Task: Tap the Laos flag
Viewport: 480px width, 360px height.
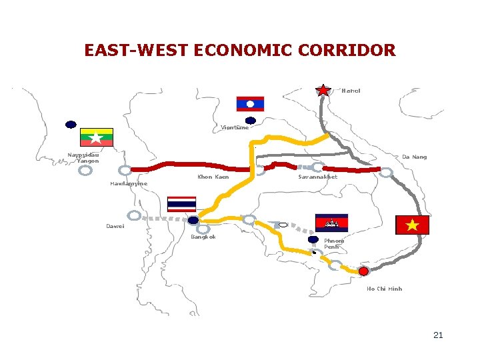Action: pyautogui.click(x=250, y=104)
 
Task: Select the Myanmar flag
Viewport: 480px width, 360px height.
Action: pyautogui.click(x=97, y=137)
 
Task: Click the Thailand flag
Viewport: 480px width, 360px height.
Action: pyautogui.click(x=181, y=203)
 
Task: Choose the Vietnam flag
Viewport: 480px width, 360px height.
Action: pyautogui.click(x=413, y=225)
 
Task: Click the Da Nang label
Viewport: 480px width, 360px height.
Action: pyautogui.click(x=414, y=157)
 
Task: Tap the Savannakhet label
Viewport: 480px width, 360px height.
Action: pyautogui.click(x=317, y=177)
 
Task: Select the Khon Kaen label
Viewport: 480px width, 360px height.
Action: pyautogui.click(x=213, y=177)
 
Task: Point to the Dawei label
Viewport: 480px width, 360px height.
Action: pyautogui.click(x=115, y=226)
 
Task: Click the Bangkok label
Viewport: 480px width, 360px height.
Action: pyautogui.click(x=203, y=237)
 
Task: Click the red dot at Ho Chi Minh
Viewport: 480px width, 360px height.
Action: pyautogui.click(x=363, y=271)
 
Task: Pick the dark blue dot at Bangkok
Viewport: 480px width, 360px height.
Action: pyautogui.click(x=193, y=221)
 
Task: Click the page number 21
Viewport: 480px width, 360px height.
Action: pyautogui.click(x=438, y=335)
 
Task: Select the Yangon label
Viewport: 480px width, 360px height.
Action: pyautogui.click(x=87, y=161)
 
